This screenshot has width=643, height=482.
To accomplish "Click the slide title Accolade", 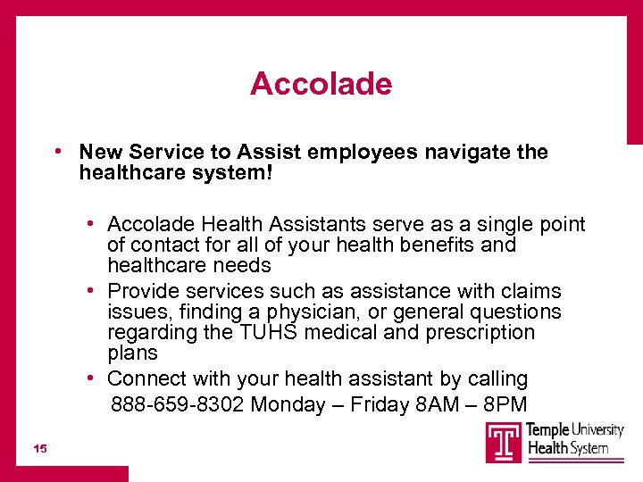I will [x=321, y=84].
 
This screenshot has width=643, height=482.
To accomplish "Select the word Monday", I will [x=288, y=405].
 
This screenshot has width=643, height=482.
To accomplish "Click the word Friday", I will [x=380, y=405].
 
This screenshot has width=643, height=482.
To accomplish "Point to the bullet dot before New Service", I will [x=56, y=152].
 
